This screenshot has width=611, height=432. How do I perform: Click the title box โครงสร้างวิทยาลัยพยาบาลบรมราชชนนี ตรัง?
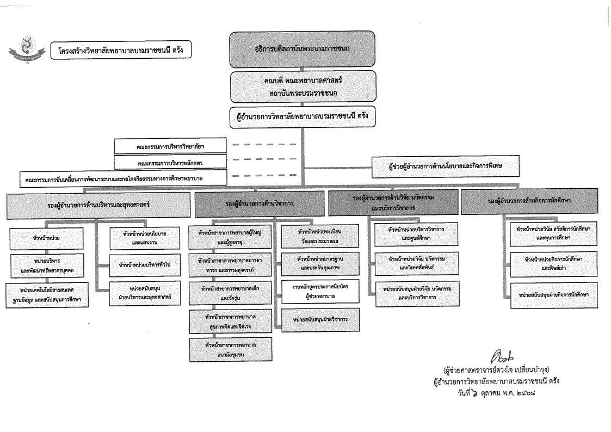[120, 51]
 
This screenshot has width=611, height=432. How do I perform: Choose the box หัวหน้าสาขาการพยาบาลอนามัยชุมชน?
[231, 349]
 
